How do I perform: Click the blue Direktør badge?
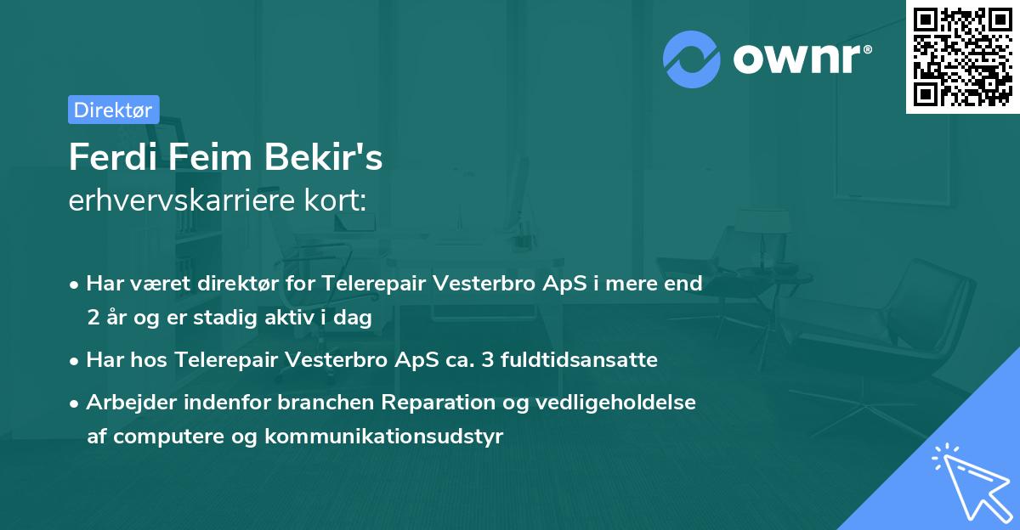pyautogui.click(x=114, y=110)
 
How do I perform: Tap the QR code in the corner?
pyautogui.click(x=963, y=56)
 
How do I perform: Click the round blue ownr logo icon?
pyautogui.click(x=692, y=59)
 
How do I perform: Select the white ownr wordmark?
pyautogui.click(x=802, y=59)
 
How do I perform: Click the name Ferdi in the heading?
pyautogui.click(x=113, y=157)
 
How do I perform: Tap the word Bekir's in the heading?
pyautogui.click(x=323, y=157)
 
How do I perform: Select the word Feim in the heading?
pyautogui.click(x=211, y=157)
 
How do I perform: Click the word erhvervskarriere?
pyautogui.click(x=182, y=200)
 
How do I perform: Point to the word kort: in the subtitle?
pyautogui.click(x=335, y=200)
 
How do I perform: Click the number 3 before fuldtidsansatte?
pyautogui.click(x=487, y=360)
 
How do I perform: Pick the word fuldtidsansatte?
pyautogui.click(x=579, y=360)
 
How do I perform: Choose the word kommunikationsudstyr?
pyautogui.click(x=384, y=437)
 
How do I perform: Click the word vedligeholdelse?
pyautogui.click(x=615, y=403)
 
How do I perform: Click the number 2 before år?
pyautogui.click(x=93, y=318)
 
